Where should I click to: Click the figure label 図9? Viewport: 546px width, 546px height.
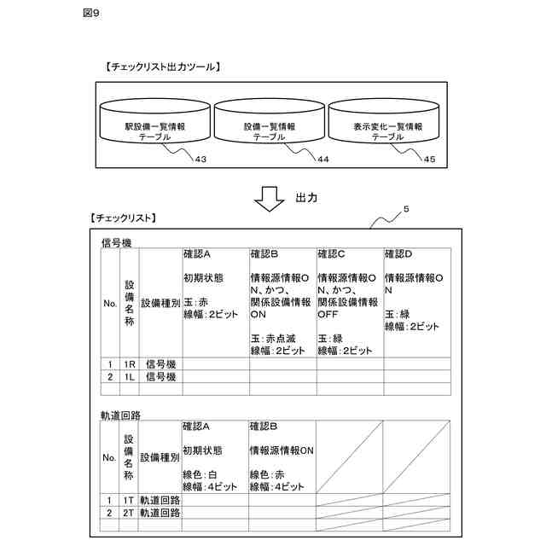click(x=91, y=14)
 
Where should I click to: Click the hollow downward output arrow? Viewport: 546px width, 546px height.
click(x=270, y=199)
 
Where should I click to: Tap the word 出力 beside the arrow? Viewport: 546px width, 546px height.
click(x=307, y=198)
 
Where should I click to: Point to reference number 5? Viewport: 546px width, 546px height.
click(x=405, y=208)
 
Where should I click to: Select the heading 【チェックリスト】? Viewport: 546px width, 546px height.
click(x=123, y=218)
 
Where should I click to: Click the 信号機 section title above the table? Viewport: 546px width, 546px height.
click(x=116, y=243)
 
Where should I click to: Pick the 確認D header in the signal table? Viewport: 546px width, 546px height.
click(x=398, y=254)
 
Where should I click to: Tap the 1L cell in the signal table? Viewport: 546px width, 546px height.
click(x=129, y=376)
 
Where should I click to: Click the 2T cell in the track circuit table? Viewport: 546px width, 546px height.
click(x=129, y=513)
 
